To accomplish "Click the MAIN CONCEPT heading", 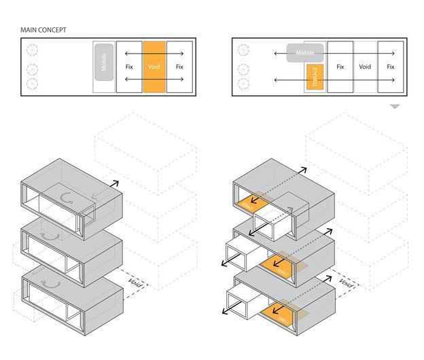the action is tap(43, 30).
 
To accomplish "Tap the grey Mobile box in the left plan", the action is tap(104, 62).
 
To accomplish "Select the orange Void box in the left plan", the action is tap(154, 67).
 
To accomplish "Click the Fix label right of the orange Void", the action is tap(179, 67).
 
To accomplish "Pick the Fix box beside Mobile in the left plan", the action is tap(129, 67).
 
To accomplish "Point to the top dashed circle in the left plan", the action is tap(32, 50).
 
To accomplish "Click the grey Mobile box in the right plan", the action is tap(304, 52).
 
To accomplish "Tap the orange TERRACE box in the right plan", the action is tap(314, 77).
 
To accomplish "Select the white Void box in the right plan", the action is tap(365, 67).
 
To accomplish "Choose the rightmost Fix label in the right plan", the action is tap(391, 67).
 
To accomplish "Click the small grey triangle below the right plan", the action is tap(395, 107).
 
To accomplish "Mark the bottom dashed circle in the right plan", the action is tap(243, 84).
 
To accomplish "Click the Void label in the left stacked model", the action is tap(135, 283).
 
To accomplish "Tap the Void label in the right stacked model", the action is tap(345, 283).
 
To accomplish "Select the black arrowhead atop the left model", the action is tap(116, 183).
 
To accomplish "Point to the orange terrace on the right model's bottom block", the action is tap(279, 316).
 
